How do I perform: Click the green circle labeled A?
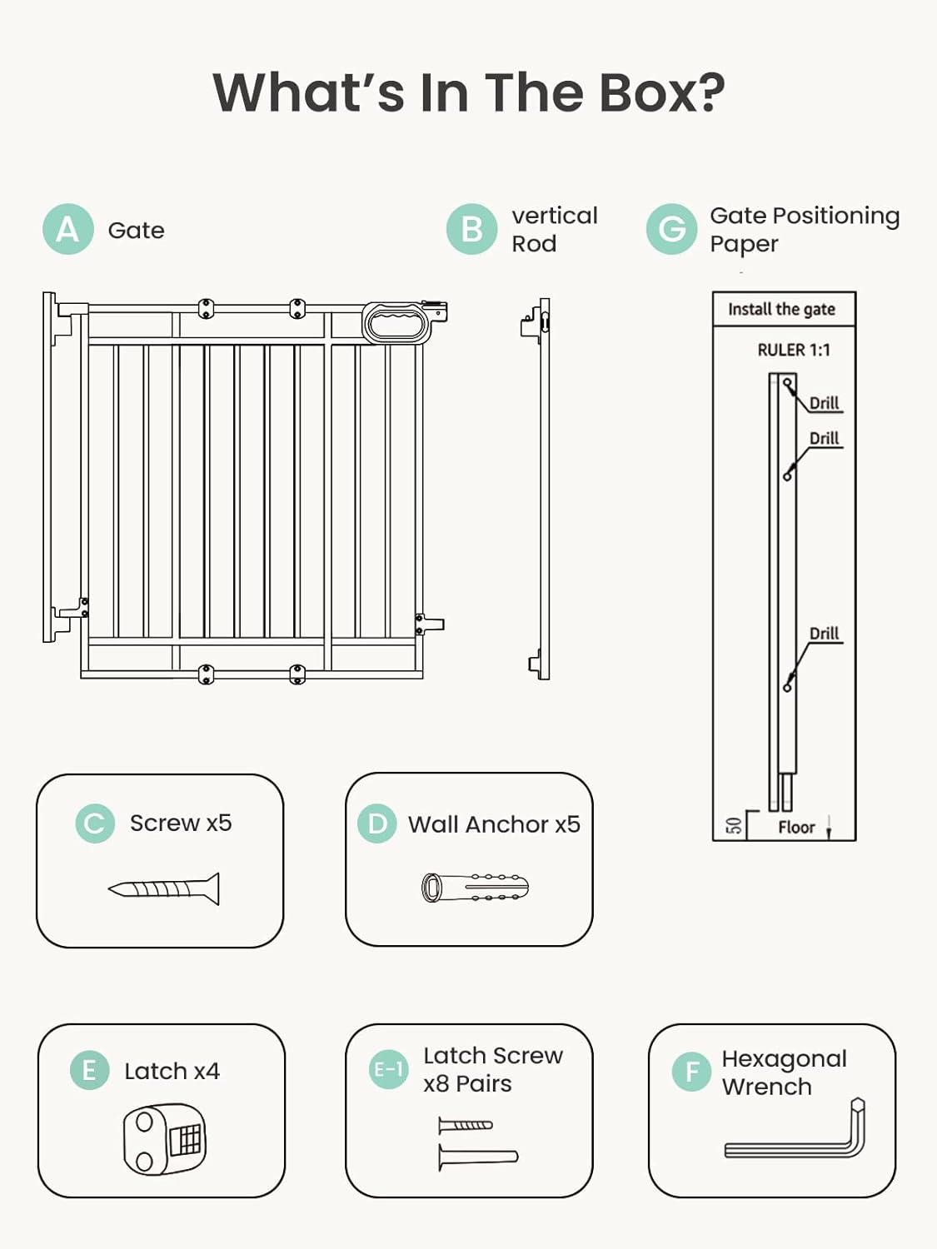[x=67, y=229]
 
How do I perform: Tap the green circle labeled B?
[x=471, y=229]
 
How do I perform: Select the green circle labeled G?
[x=671, y=229]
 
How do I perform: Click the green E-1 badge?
[x=388, y=1069]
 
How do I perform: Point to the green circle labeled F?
[x=691, y=1072]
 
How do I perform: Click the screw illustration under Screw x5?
[x=165, y=889]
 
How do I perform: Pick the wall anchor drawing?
[x=475, y=888]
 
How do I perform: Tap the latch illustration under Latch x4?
[x=165, y=1138]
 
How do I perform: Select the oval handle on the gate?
[x=396, y=322]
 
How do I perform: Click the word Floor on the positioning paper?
[x=796, y=827]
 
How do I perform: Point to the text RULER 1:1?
[x=793, y=350]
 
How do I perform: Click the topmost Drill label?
[x=824, y=403]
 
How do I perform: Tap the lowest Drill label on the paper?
[x=824, y=633]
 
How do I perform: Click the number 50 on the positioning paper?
[x=734, y=825]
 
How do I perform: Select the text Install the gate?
[x=781, y=309]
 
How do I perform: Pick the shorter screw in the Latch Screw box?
[x=466, y=1126]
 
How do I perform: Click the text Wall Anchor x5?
[x=494, y=824]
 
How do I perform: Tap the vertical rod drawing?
[x=542, y=489]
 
